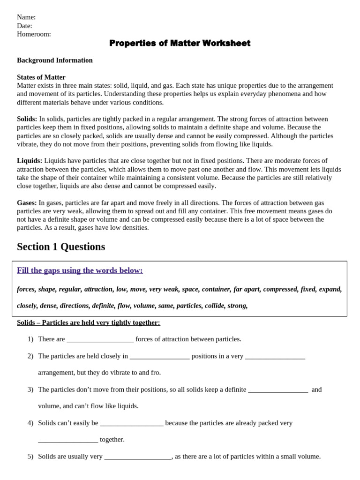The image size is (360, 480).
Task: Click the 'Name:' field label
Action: point(26,17)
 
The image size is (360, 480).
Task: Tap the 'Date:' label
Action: point(24,26)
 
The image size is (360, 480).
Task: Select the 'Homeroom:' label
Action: point(34,34)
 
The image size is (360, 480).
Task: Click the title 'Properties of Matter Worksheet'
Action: point(180,43)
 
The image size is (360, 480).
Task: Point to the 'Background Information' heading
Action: point(55,60)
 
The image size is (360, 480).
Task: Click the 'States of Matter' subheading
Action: point(41,77)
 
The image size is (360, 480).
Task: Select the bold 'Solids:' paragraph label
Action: point(27,119)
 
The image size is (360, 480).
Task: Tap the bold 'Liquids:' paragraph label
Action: point(30,161)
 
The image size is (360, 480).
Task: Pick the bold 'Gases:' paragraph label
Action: point(27,202)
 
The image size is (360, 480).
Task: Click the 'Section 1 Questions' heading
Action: point(61,247)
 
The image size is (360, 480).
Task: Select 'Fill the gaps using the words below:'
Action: point(80,270)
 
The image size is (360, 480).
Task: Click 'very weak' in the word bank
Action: point(164,289)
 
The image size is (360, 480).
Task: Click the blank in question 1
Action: point(100,339)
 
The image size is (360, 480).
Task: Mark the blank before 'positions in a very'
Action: point(159,356)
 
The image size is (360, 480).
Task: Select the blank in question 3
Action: point(278,390)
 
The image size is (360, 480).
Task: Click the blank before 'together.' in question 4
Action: point(68,440)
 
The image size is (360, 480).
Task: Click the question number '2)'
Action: point(30,356)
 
